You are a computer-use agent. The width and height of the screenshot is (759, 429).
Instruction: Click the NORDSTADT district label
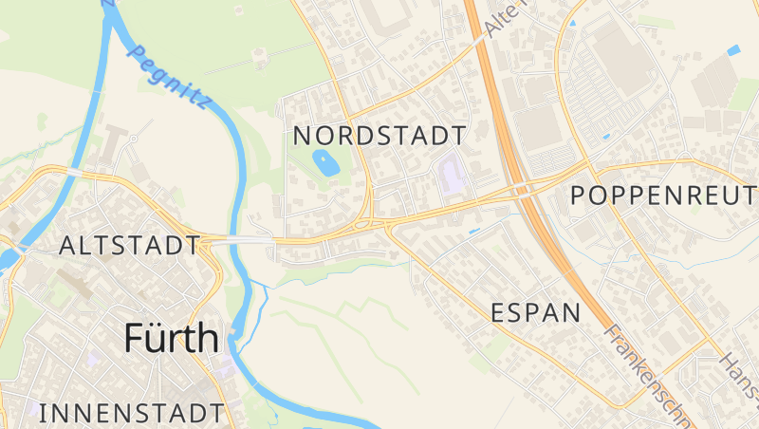(x=379, y=135)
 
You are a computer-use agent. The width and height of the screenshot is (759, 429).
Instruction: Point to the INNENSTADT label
(x=133, y=413)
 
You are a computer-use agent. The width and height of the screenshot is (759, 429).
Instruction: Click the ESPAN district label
(x=535, y=312)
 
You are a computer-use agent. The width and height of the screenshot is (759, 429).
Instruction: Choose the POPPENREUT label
(x=664, y=196)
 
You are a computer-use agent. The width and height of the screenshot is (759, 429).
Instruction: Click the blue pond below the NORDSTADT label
(x=325, y=163)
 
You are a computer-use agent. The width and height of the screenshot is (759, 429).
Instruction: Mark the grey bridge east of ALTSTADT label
(x=237, y=242)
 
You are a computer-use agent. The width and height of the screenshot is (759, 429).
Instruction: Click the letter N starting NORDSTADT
(x=303, y=135)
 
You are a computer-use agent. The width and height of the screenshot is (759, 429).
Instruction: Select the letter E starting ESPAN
(x=498, y=312)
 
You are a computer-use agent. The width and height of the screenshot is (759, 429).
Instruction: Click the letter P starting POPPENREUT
(x=580, y=196)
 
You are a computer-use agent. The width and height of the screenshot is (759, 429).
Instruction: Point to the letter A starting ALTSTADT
(x=67, y=246)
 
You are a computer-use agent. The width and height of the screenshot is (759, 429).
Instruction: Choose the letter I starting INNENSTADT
(x=44, y=413)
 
